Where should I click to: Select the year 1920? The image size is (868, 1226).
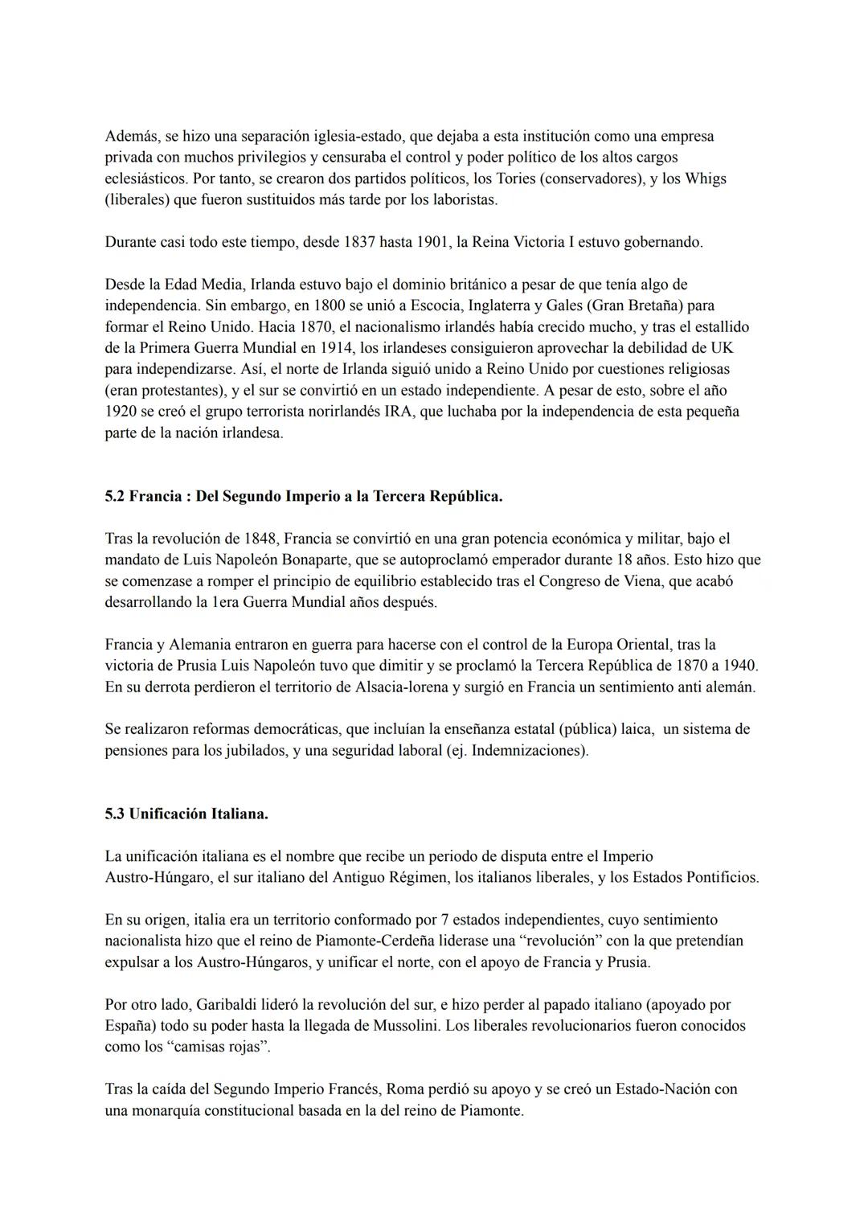click(121, 412)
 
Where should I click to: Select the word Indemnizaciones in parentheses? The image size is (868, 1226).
click(527, 750)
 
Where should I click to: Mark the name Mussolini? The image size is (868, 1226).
click(405, 1026)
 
